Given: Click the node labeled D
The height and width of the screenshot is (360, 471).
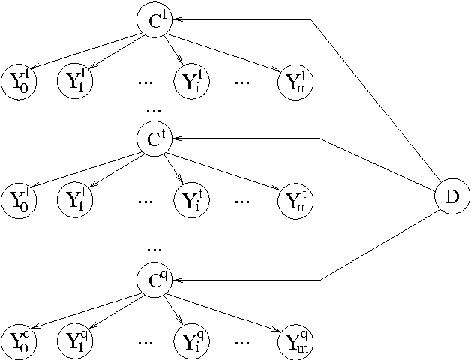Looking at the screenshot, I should [451, 197].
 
